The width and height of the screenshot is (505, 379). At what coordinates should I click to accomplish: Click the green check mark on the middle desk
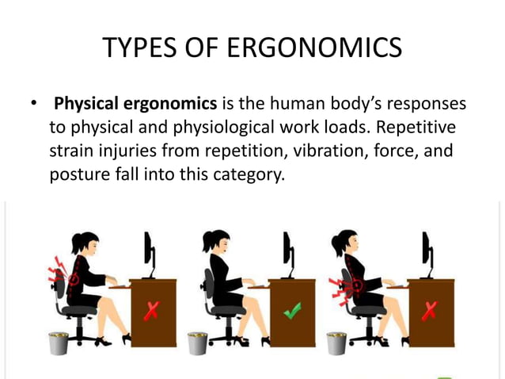(293, 312)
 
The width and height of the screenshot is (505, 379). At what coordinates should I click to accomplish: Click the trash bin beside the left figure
(60, 343)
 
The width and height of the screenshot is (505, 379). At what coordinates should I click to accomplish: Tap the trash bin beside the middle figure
(198, 343)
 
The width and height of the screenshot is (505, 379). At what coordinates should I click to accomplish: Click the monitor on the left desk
(149, 251)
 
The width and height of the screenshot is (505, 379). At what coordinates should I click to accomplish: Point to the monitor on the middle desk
(288, 251)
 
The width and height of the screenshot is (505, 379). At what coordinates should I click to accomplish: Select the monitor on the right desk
(427, 251)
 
